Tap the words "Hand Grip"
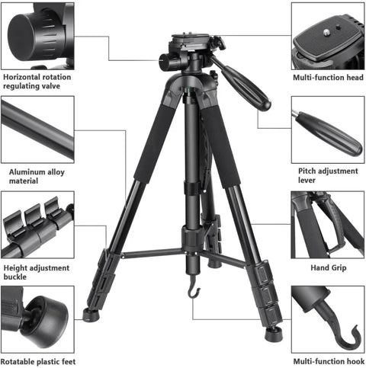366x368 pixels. tap(326, 267)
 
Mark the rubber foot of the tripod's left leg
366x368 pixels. tap(91, 315)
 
